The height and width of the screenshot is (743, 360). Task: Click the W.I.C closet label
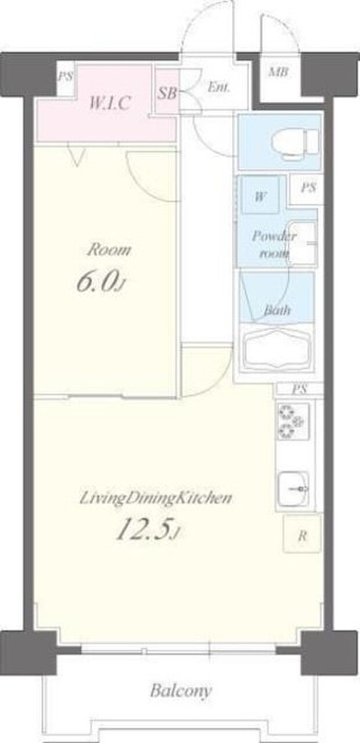click(110, 103)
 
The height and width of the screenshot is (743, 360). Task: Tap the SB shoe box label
click(167, 93)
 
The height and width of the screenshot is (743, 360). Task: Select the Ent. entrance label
click(218, 87)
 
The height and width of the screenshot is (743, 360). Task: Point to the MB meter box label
click(278, 72)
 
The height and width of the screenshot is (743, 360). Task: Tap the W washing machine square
click(260, 196)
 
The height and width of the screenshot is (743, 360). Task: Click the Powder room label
click(273, 245)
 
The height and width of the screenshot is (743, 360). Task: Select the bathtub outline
click(278, 350)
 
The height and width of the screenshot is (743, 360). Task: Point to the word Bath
click(277, 310)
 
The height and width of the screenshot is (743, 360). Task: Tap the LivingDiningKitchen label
click(155, 499)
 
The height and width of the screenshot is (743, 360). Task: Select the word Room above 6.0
click(109, 250)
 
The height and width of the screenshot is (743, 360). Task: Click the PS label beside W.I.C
click(66, 77)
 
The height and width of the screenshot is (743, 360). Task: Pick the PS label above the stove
click(299, 389)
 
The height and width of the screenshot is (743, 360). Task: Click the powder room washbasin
click(302, 243)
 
